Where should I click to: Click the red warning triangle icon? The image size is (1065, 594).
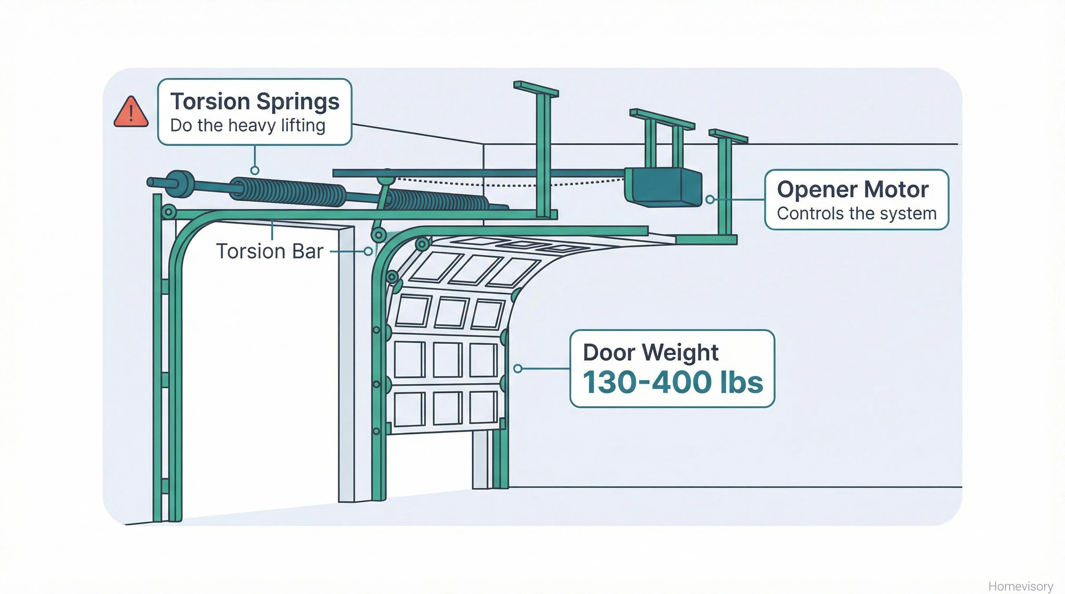131,112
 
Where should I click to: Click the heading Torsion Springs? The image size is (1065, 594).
255,101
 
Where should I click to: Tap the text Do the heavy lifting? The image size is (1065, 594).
248,126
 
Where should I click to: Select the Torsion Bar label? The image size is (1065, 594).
269,251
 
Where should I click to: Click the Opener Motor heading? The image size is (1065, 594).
853,189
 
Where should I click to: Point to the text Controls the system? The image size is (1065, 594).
856,213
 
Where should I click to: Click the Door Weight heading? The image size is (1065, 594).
651,352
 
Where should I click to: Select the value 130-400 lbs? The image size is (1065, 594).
673,382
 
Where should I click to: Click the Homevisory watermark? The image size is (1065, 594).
1020,586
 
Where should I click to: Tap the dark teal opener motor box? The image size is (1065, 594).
663,187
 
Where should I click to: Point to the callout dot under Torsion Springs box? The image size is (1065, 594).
255,170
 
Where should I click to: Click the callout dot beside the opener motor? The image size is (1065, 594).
710,200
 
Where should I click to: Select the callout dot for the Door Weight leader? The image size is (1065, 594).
518,368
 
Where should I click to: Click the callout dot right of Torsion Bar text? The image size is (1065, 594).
368,251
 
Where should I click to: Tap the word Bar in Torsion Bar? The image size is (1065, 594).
308,251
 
